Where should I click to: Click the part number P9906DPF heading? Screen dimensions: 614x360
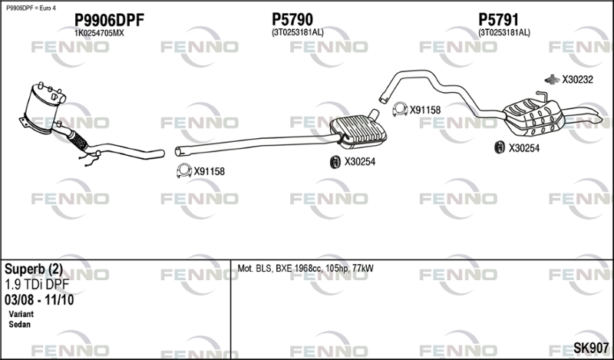[x=109, y=20]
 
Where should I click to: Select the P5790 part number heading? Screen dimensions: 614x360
[x=292, y=19]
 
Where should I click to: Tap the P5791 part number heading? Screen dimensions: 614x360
[x=498, y=19]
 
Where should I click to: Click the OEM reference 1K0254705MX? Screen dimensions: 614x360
[x=99, y=33]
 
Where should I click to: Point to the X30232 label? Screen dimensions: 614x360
[x=578, y=80]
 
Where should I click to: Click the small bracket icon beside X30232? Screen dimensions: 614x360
[x=552, y=79]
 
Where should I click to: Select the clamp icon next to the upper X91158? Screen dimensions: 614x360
[x=400, y=109]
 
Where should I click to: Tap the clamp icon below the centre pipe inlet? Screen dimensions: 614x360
[x=183, y=170]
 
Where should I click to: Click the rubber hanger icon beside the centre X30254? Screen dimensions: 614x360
[x=335, y=162]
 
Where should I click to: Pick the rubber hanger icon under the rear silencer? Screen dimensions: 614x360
[x=500, y=147]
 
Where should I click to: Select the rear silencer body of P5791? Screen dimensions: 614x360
[x=533, y=117]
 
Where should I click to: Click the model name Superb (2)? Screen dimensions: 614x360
[x=34, y=269]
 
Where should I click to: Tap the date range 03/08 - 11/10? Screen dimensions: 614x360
[x=39, y=300]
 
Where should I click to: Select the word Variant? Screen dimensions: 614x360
[x=21, y=314]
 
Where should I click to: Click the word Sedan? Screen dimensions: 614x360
[x=20, y=325]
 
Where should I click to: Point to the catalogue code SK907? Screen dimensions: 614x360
[x=591, y=348]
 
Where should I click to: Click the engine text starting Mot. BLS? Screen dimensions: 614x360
[x=305, y=269]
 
